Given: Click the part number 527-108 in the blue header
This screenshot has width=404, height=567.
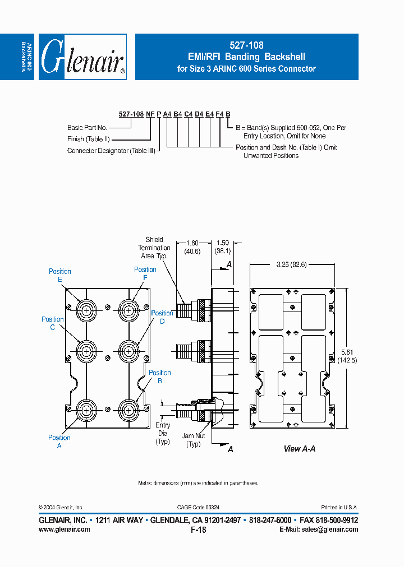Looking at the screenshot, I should coord(246,45).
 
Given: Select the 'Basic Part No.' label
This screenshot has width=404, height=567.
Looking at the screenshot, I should coord(87,128).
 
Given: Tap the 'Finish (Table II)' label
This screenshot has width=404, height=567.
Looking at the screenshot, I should coord(89,139).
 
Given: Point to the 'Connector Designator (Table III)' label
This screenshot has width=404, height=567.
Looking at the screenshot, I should coord(112,151).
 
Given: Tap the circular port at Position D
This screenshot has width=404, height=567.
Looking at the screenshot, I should coord(129,351).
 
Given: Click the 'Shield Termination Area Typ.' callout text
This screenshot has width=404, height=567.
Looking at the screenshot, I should coord(154,248).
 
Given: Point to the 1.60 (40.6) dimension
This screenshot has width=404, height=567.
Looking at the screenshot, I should coord(192,247).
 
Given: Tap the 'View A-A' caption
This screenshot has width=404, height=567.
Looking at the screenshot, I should coord(300,449).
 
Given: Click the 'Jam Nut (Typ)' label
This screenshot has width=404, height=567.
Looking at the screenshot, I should coord(193,440).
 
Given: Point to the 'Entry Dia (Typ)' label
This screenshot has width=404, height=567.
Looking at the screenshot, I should coord(163,434).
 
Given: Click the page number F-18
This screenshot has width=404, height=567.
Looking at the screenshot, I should coord(199,529).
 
